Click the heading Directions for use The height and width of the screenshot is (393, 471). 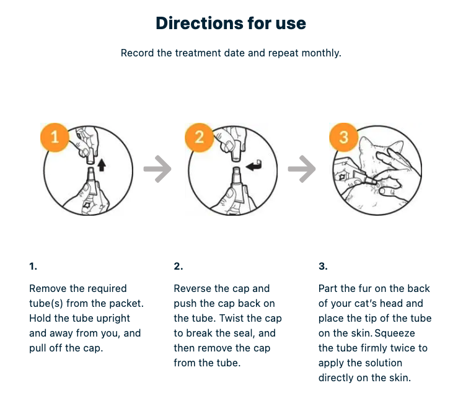coord(231,24)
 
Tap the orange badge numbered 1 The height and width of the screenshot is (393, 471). coord(55,137)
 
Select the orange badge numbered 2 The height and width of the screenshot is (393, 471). coord(199,137)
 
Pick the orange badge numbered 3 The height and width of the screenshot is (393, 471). coord(343,137)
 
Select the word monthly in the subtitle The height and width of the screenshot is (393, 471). coord(321,53)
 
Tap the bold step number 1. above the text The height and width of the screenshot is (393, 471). coord(33,267)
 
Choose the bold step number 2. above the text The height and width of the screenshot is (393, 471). coord(178,267)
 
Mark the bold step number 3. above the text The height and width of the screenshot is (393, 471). coord(323,267)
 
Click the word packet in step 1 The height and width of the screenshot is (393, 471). coord(127,303)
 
